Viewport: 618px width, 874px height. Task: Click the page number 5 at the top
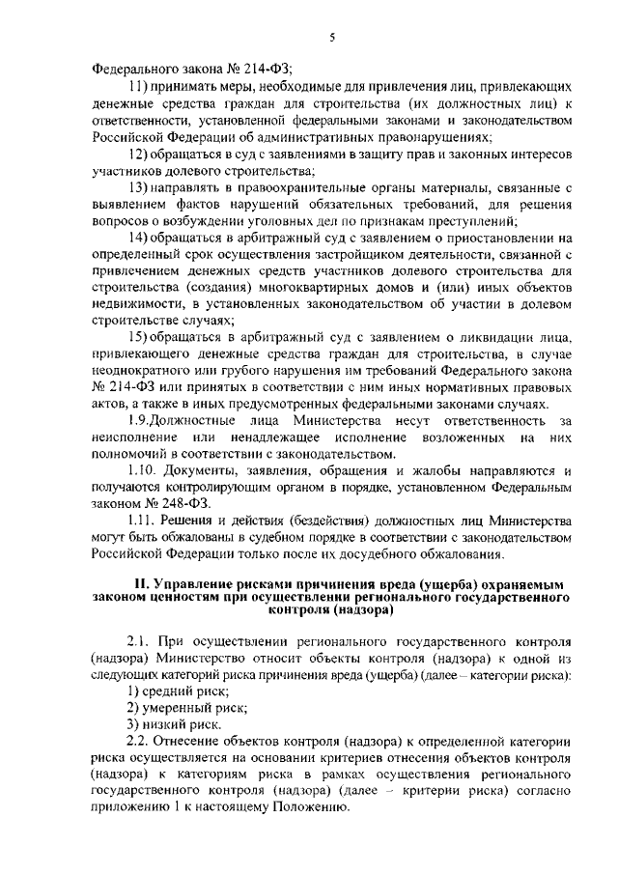click(x=331, y=37)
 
